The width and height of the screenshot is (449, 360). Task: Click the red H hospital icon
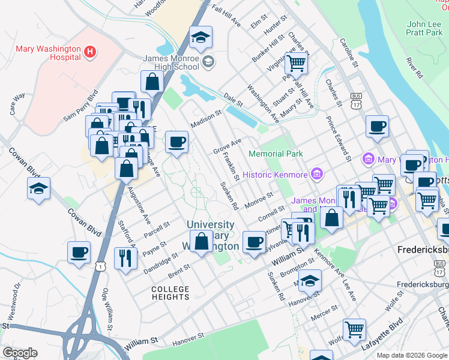[x=90, y=52]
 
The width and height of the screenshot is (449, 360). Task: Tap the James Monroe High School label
[x=170, y=62]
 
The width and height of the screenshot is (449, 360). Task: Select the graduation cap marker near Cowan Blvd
[x=38, y=188]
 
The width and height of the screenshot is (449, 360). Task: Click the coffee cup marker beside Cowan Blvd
[x=79, y=252]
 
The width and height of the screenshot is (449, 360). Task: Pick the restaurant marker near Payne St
[x=125, y=258]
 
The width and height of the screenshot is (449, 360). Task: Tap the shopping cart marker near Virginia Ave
[x=296, y=62]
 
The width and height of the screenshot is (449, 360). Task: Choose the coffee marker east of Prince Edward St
[x=377, y=127]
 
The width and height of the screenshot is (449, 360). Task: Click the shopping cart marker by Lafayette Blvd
[x=354, y=329]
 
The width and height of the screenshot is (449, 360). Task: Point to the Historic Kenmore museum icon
[x=317, y=175]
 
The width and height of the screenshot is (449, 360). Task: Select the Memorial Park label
[x=276, y=154]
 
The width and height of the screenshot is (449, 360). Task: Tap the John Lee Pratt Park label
[x=424, y=28]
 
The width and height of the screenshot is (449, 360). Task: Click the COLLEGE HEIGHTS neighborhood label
[x=170, y=293]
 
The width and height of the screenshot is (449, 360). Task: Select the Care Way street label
[x=17, y=103]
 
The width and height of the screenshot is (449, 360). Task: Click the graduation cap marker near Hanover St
[x=310, y=280]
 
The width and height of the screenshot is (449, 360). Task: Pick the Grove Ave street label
[x=227, y=146]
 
